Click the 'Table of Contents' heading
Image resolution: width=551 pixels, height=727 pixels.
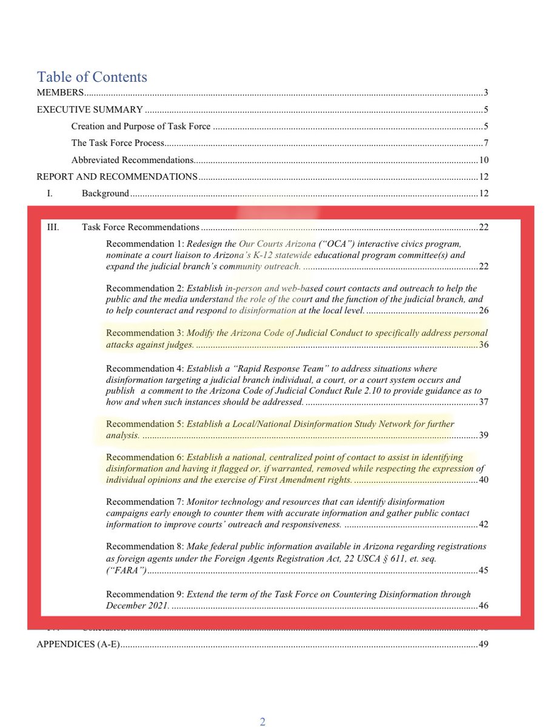pos(92,77)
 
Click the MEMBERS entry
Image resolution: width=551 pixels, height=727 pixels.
pos(60,93)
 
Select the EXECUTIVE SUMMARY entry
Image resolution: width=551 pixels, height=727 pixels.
pos(90,110)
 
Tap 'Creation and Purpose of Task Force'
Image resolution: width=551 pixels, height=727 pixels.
pos(141,127)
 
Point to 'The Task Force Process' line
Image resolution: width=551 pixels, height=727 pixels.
pos(118,144)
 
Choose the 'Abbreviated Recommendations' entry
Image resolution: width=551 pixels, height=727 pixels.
pos(132,160)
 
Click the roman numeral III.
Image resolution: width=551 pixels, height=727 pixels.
pos(53,227)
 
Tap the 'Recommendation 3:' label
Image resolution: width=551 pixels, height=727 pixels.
pos(145,333)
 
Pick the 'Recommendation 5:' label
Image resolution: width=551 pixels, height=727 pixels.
pos(145,424)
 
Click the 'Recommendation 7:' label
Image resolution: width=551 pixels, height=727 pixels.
pos(145,502)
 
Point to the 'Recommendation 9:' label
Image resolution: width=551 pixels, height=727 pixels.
pos(145,594)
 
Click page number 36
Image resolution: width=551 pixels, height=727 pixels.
pos(483,345)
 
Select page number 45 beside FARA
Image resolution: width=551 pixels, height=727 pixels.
pos(483,570)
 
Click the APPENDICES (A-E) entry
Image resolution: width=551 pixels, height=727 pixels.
pos(78,644)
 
